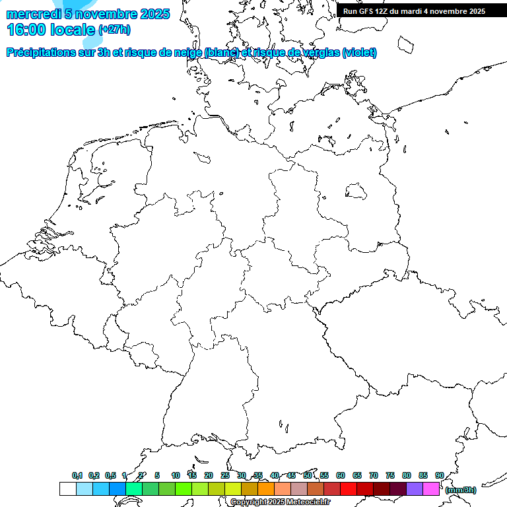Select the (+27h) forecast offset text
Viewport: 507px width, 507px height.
tap(114, 30)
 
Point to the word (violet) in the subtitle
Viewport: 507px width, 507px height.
tap(359, 53)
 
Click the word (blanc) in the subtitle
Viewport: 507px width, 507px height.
tap(221, 53)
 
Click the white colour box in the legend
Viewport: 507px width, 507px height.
tap(67, 489)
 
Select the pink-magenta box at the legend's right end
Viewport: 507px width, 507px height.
tap(431, 489)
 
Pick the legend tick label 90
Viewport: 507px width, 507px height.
tap(439, 476)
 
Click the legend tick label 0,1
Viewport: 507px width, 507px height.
tap(77, 476)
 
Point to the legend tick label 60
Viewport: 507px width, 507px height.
tap(341, 476)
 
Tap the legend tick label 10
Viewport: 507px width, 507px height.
tap(176, 476)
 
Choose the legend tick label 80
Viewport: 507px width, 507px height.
tap(407, 476)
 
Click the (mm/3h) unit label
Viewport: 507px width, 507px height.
tap(460, 490)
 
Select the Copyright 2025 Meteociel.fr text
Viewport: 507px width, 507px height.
tap(280, 502)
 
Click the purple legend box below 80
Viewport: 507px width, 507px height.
tap(415, 489)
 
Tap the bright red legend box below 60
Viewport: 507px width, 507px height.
tap(349, 489)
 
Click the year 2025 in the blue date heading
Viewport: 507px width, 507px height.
tap(154, 14)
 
